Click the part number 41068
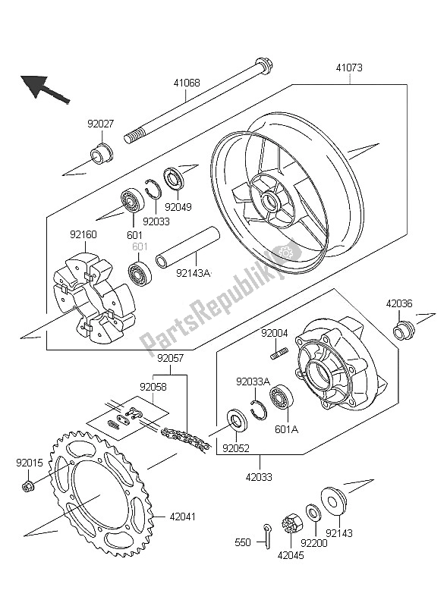pos(186,83)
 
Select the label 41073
pos(349,68)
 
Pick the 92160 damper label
pos(84,236)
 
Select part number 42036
pos(399,303)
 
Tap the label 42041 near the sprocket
pos(182,518)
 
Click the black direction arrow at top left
pos(41,88)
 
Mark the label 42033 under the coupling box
pos(260,479)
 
